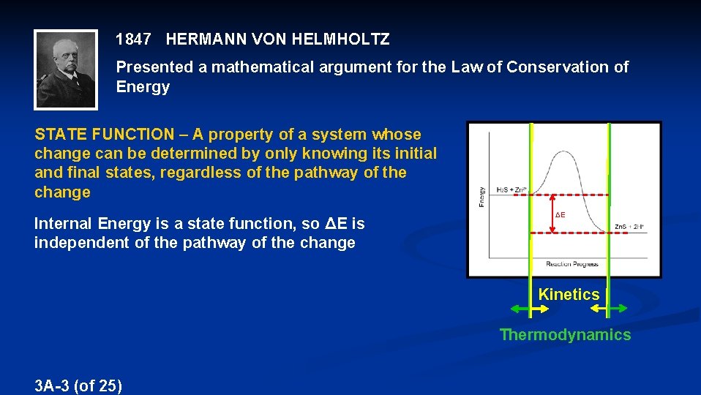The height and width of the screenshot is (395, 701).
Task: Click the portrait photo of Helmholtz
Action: click(66, 69)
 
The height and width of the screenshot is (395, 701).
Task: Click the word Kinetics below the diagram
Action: click(569, 295)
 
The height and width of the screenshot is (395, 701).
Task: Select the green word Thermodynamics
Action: click(564, 335)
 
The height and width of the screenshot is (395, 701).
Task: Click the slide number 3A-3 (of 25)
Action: click(78, 385)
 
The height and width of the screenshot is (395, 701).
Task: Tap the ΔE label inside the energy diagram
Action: click(560, 215)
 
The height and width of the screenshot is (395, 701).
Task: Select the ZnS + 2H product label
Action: click(629, 227)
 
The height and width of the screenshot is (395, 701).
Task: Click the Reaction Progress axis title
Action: click(572, 264)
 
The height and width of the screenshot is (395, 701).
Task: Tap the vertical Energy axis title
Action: click(481, 195)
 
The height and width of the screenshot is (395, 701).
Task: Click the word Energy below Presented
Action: click(143, 87)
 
